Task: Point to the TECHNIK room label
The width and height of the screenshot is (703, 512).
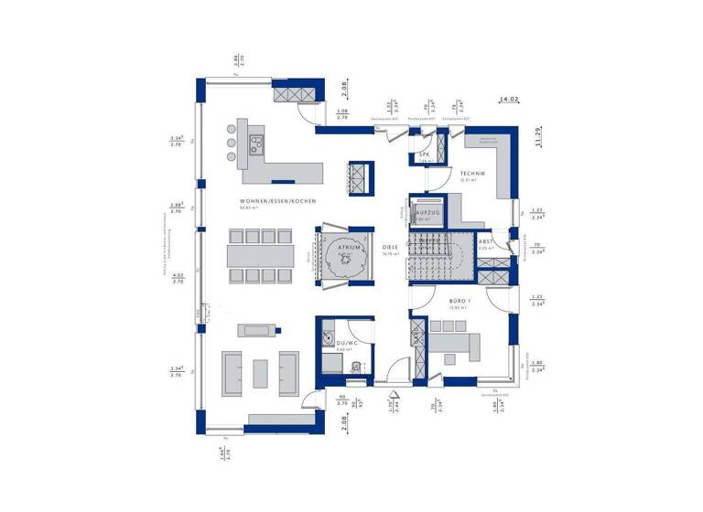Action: (x=472, y=174)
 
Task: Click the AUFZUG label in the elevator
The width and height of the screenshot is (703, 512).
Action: (x=427, y=212)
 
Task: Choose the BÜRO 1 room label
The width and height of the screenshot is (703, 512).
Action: (x=459, y=301)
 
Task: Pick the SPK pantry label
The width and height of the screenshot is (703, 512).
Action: (x=425, y=155)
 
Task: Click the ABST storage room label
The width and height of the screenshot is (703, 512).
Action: (x=485, y=241)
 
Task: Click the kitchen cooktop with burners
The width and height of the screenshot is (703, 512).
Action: (x=257, y=142)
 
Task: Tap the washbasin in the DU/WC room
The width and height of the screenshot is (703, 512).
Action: (x=326, y=339)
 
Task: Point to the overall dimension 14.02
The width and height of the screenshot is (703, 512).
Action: (x=508, y=98)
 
